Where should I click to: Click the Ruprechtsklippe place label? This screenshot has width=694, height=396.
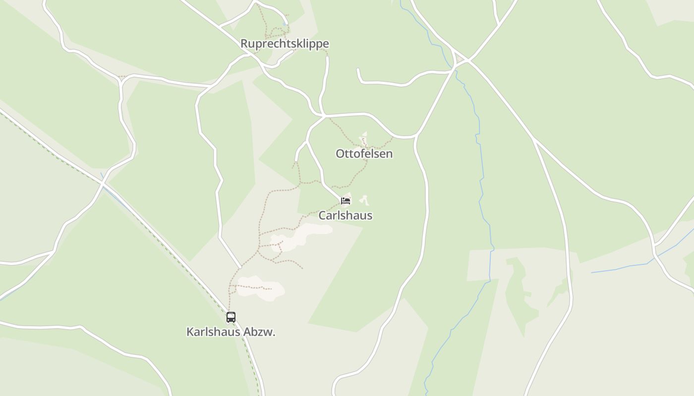click(285, 44)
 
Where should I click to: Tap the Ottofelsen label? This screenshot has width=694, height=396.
click(364, 153)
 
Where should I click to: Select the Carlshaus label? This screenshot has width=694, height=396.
click(345, 215)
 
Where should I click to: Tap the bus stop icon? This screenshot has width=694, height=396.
click(231, 317)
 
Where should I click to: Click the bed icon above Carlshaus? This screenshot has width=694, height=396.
click(346, 200)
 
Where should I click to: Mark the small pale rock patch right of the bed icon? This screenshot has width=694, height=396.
click(365, 200)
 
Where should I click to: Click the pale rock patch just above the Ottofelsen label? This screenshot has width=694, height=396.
click(364, 139)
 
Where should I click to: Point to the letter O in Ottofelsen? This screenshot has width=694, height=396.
click(340, 153)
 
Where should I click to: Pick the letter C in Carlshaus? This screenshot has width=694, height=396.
click(322, 215)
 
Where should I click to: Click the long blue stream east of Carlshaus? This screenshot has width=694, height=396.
click(481, 188)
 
